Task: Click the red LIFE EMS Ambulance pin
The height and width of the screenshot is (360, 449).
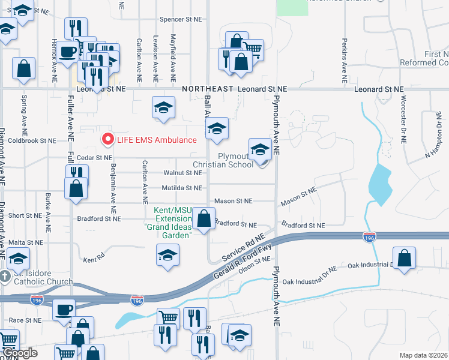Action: [108, 139]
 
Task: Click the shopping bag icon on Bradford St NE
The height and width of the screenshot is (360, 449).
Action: [204, 219]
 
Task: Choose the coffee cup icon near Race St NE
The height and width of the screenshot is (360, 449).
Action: [64, 310]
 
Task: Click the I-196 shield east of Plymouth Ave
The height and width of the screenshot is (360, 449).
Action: [369, 238]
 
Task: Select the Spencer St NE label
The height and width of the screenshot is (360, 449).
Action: [180, 19]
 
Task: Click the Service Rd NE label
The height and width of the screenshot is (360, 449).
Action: [243, 247]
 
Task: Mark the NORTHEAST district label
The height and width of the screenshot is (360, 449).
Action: [208, 88]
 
